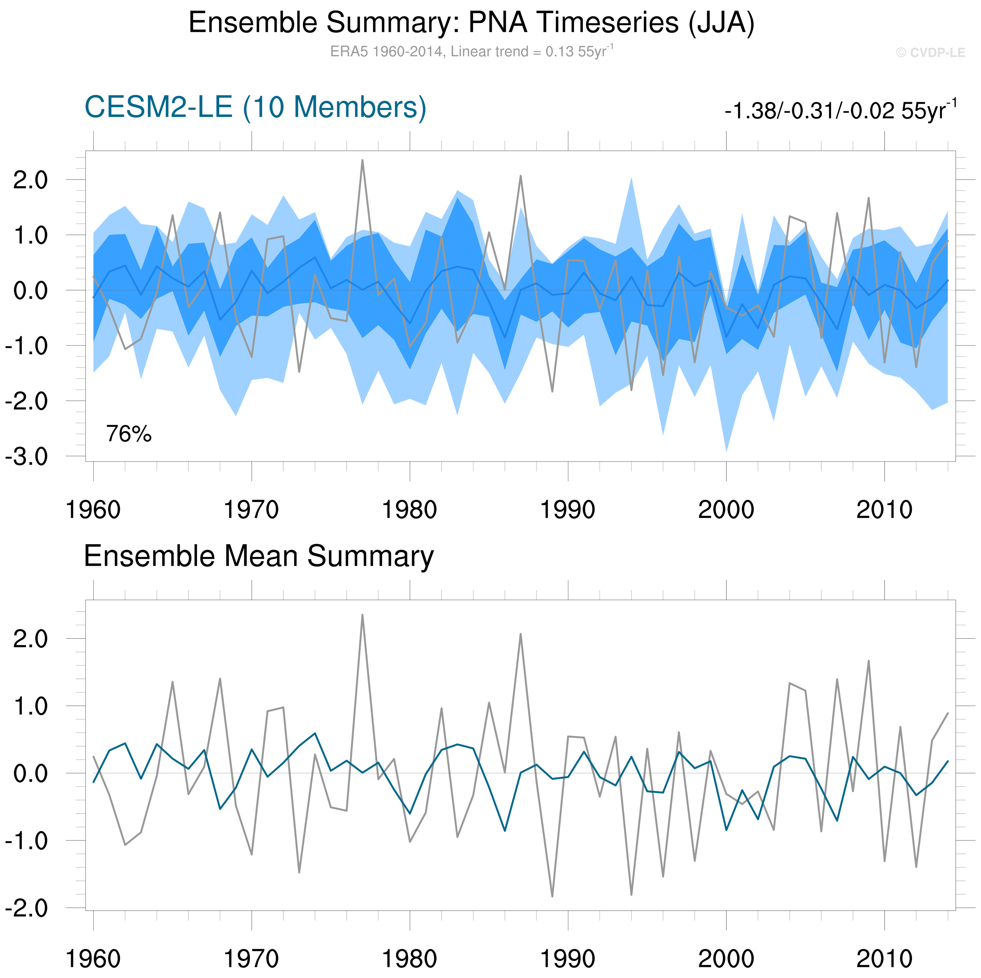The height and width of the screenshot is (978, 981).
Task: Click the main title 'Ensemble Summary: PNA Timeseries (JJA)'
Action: coord(471,23)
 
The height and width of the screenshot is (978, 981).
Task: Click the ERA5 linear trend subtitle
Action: coord(471,51)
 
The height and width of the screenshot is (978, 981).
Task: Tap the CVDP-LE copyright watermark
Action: coord(930,53)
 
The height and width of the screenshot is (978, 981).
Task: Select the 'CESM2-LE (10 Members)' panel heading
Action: coord(255,107)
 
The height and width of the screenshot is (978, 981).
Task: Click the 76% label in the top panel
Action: coord(128,434)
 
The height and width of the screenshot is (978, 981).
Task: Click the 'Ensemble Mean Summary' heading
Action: coord(258,556)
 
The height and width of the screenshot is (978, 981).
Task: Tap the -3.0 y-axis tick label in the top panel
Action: coord(26,457)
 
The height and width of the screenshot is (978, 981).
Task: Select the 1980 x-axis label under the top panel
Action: coord(409,510)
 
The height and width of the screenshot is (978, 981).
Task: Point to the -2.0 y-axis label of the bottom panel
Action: coord(26,908)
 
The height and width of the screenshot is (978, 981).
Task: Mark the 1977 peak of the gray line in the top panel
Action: coord(362,160)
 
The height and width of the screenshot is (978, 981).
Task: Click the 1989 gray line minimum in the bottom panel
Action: coord(552,896)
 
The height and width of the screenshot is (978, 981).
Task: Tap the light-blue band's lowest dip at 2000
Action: coord(726,450)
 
